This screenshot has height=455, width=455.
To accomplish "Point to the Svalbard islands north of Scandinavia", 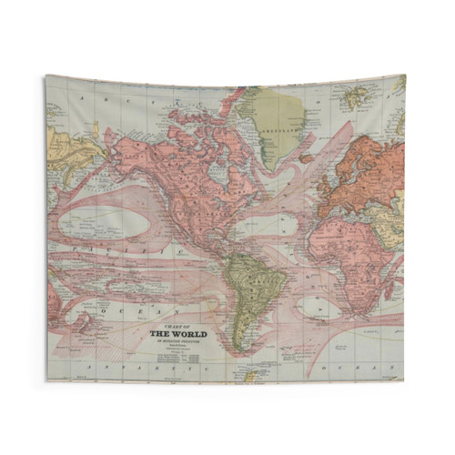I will [x=358, y=95].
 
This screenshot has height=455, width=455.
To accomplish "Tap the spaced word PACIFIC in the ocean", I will [x=91, y=247].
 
